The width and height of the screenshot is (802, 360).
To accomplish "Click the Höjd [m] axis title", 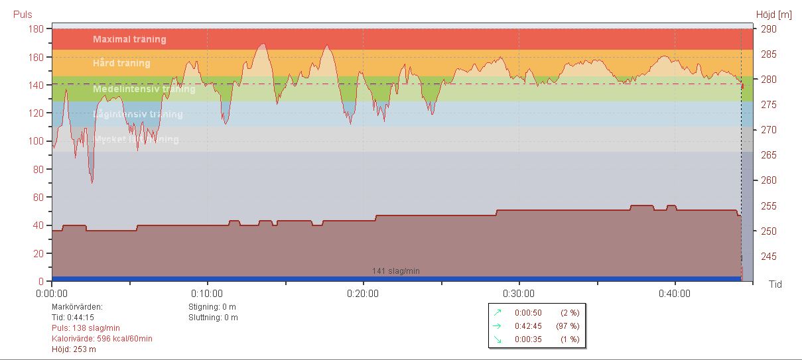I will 774,15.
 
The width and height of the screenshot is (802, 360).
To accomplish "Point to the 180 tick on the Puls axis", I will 35,29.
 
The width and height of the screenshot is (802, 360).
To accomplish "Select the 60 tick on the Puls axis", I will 38,198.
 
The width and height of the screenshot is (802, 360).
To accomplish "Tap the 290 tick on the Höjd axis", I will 768,29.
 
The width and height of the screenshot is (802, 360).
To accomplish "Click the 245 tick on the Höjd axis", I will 768,257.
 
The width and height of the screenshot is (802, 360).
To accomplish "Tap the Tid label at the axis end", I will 775,284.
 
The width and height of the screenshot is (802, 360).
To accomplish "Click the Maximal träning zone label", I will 129,39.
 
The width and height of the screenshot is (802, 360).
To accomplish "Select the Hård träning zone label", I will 121,64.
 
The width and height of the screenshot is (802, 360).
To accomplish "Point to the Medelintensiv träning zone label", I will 144,89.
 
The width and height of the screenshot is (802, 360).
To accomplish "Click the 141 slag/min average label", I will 395,271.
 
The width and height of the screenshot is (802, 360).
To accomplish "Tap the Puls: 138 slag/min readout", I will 86,328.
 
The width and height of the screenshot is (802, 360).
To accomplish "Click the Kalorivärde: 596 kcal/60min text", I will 101,339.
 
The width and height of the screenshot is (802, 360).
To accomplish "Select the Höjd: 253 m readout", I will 74,349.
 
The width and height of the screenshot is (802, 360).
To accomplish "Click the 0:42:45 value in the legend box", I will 528,326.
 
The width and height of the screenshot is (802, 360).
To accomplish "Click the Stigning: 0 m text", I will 212,307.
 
